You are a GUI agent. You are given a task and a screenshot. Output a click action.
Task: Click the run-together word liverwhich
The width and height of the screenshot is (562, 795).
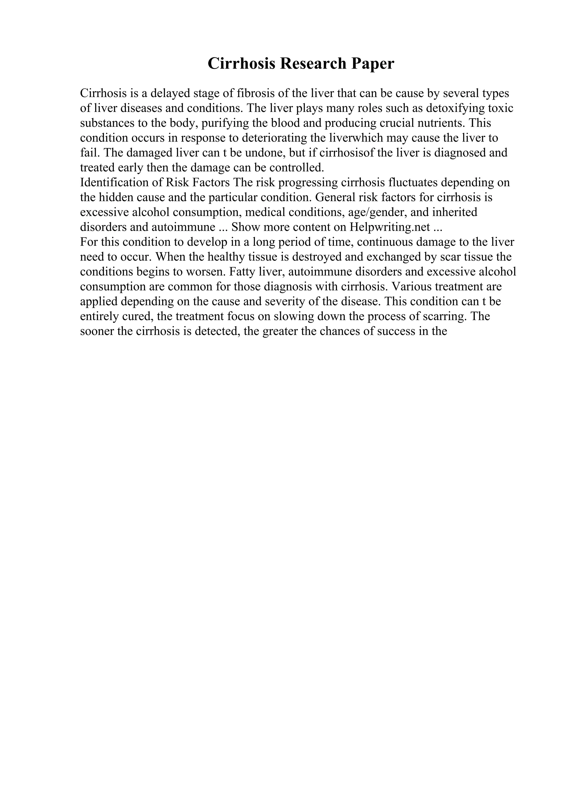(347, 138)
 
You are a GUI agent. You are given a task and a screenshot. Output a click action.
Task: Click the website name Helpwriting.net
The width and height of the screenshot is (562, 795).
(390, 227)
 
